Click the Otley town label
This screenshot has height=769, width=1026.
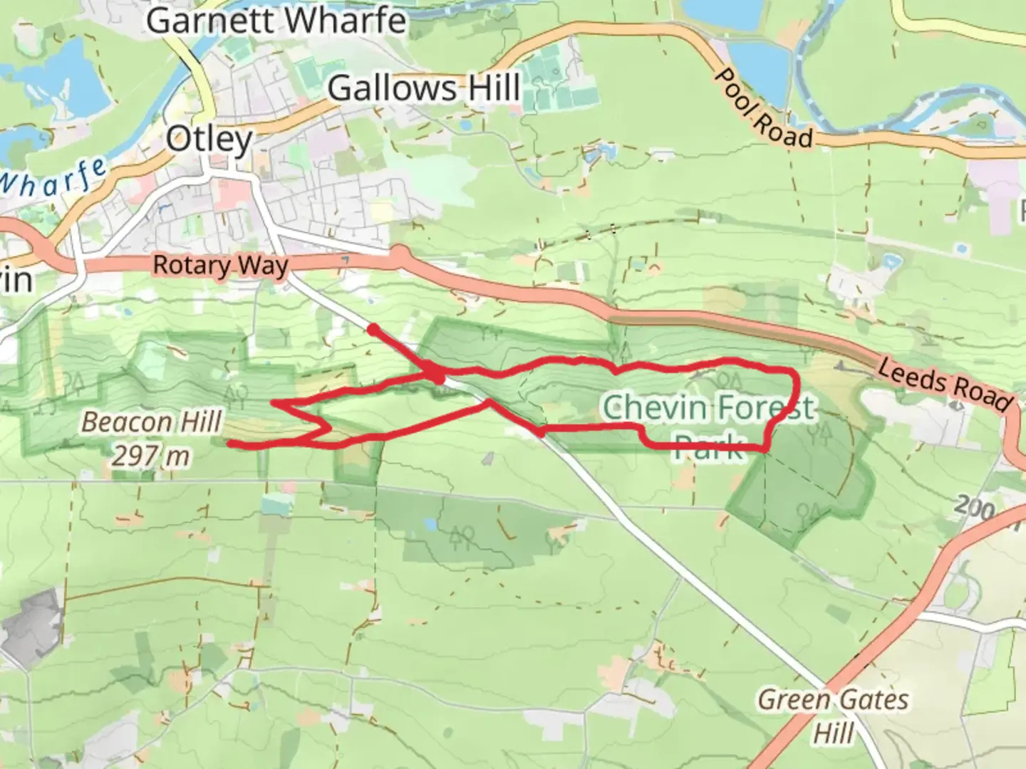(209, 140)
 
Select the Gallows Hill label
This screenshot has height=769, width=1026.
(424, 89)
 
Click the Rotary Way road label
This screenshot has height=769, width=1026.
(220, 266)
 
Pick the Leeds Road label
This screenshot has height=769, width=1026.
(944, 384)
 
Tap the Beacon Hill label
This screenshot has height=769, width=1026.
(151, 422)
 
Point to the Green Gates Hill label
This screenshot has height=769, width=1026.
(832, 714)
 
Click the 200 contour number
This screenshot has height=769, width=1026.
(974, 507)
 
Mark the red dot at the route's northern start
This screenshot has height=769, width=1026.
(372, 328)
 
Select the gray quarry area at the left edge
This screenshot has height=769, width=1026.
(32, 627)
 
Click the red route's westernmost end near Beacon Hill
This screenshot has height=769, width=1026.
(230, 444)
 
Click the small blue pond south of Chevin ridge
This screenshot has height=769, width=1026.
(430, 525)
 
